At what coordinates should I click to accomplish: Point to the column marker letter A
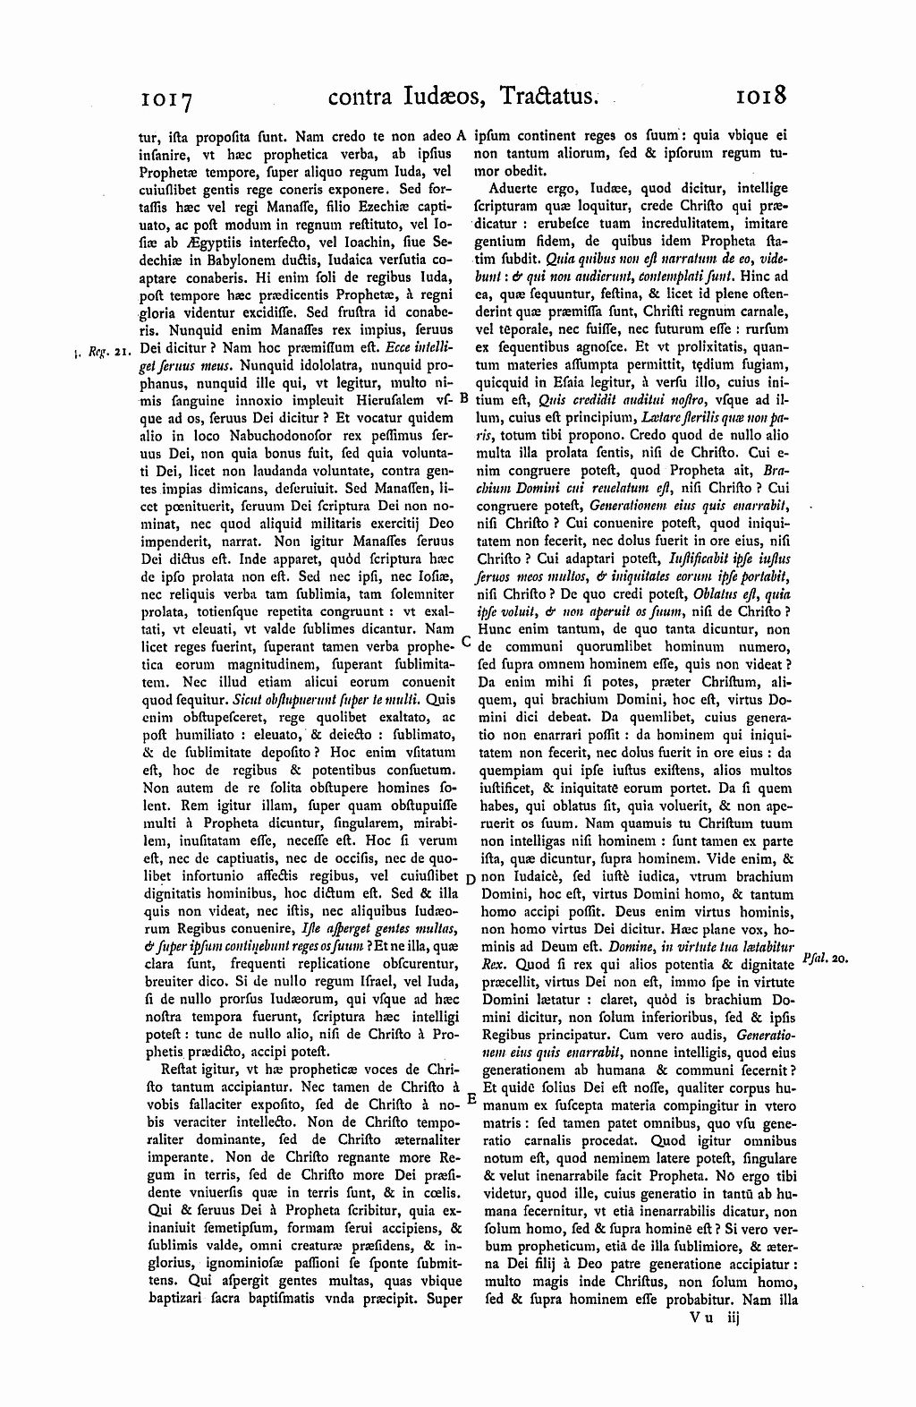[x=462, y=137]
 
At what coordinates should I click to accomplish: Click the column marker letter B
[x=464, y=397]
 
